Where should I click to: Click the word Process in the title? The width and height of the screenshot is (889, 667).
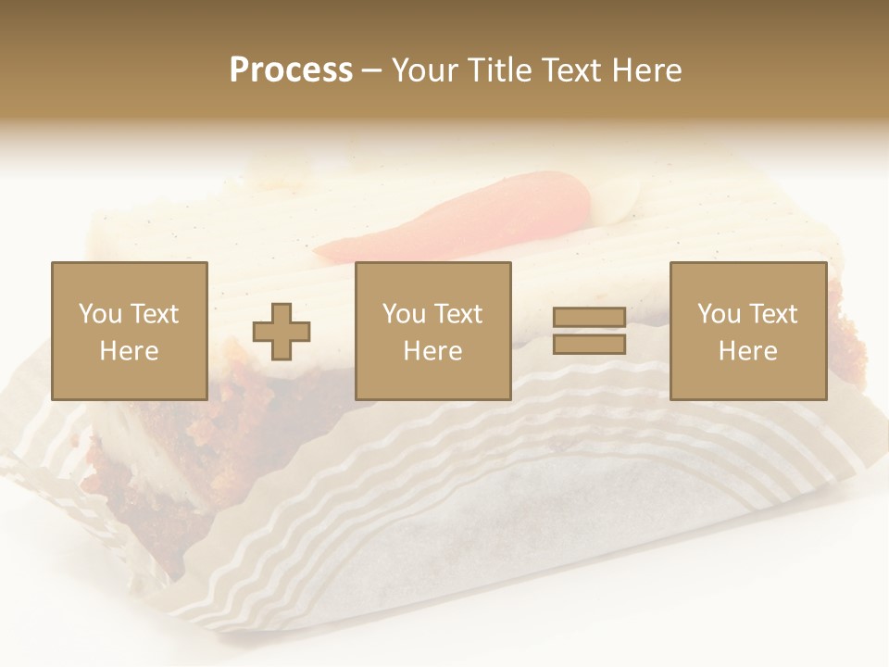click(x=291, y=70)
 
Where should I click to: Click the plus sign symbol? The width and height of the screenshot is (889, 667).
click(x=282, y=332)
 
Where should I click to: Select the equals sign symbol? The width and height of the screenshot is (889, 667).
click(x=589, y=332)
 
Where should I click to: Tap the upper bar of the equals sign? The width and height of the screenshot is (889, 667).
click(x=589, y=319)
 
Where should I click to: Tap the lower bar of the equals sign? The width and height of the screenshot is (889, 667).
click(x=589, y=345)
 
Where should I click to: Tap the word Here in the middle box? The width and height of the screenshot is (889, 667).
click(x=433, y=351)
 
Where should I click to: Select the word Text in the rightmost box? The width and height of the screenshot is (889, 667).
click(x=771, y=314)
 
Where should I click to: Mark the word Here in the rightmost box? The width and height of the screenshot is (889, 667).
click(x=748, y=351)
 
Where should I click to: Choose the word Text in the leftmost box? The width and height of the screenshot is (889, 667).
click(x=153, y=314)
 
